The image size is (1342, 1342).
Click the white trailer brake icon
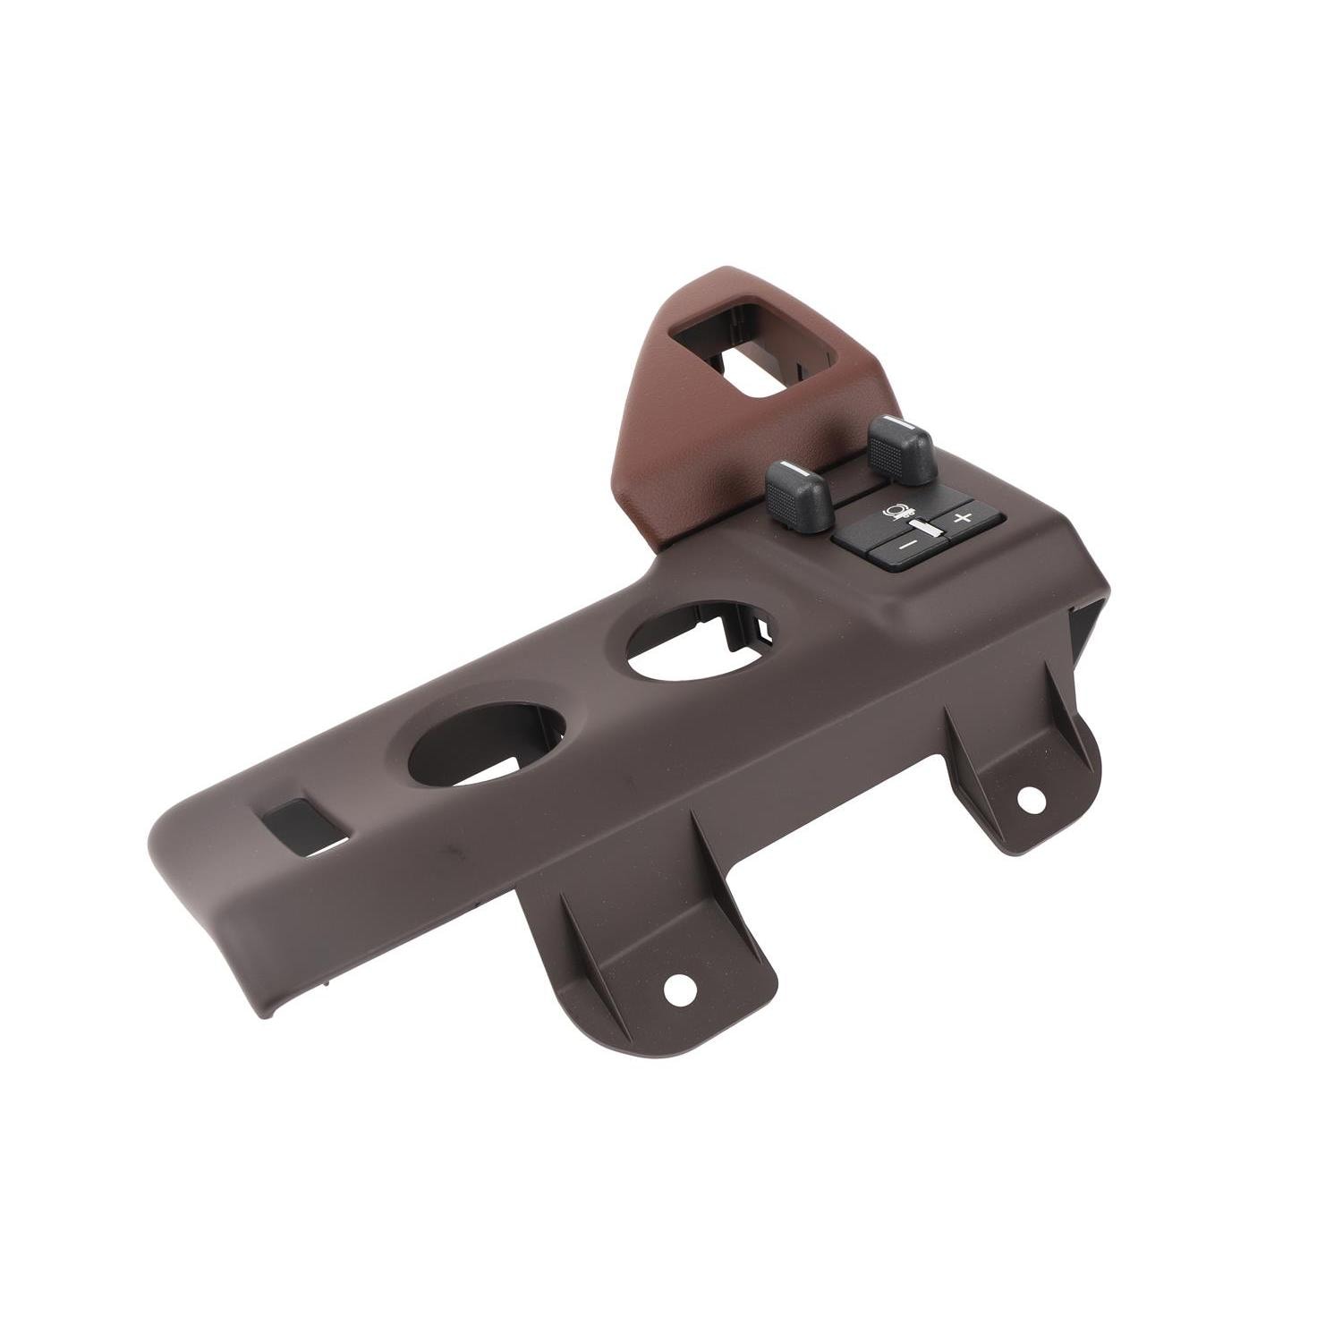click(x=896, y=514)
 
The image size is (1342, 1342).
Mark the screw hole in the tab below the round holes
click(x=679, y=988)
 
